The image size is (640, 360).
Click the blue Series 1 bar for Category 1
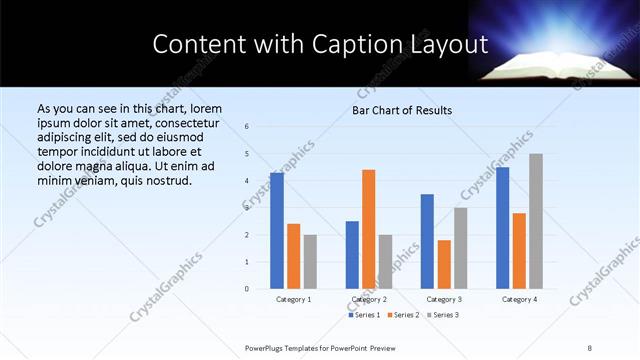(x=276, y=231)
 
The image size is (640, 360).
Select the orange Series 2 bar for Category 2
(x=368, y=229)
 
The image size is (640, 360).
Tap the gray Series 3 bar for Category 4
(x=536, y=221)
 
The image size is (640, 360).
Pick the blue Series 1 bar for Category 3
(x=427, y=241)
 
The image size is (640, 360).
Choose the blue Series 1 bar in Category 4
(x=502, y=228)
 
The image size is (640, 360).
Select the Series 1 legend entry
(x=363, y=315)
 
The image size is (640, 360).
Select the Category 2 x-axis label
(x=369, y=299)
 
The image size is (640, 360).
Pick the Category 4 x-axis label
(x=519, y=299)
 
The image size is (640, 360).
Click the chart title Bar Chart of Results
(x=402, y=110)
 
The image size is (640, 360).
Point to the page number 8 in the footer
(x=590, y=347)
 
